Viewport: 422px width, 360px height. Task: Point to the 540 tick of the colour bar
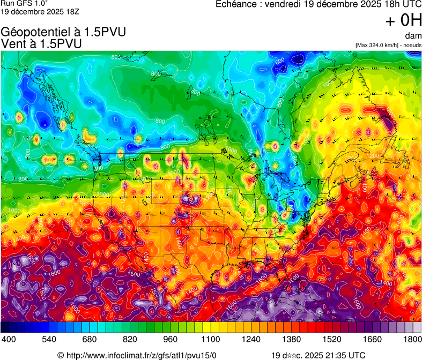(x=50, y=339)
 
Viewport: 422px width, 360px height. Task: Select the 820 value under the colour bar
(x=130, y=339)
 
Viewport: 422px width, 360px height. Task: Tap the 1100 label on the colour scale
(x=211, y=339)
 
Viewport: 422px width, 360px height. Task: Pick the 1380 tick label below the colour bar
(x=291, y=339)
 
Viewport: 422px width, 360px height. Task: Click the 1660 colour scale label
(x=372, y=339)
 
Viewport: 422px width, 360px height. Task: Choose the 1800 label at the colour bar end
(x=411, y=339)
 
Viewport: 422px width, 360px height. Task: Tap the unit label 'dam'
(x=413, y=36)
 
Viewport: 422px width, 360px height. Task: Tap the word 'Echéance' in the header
(x=236, y=4)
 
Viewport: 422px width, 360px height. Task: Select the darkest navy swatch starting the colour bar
(x=5, y=327)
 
